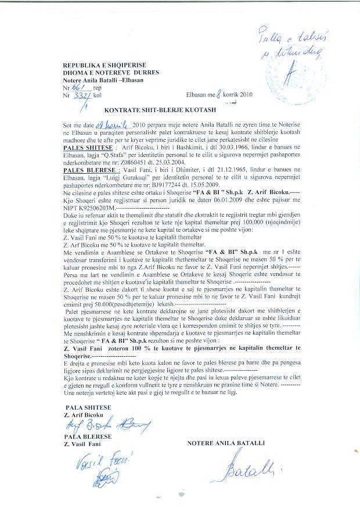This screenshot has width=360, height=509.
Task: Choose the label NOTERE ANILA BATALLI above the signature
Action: tap(226, 443)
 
